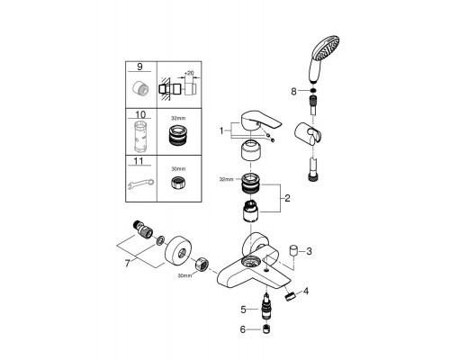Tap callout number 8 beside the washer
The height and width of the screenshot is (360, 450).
(293, 91)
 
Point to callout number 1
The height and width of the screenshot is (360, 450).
(221, 130)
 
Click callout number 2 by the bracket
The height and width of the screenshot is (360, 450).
(287, 198)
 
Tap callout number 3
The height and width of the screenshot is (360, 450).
(309, 251)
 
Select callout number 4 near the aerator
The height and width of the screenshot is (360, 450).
(306, 291)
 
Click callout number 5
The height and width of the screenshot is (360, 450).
(243, 310)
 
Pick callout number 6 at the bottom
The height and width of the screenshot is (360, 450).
(243, 329)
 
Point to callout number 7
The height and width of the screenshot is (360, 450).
(128, 264)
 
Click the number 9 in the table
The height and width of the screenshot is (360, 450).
(139, 67)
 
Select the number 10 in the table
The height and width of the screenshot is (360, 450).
(140, 114)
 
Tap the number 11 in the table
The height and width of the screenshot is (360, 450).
(139, 161)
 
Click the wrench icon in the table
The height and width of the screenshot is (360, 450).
(140, 184)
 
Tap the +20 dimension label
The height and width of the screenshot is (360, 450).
(189, 73)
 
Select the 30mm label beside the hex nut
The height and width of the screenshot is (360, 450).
(184, 275)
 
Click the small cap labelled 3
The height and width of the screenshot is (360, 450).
(293, 251)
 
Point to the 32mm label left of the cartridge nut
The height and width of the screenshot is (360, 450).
(226, 180)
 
